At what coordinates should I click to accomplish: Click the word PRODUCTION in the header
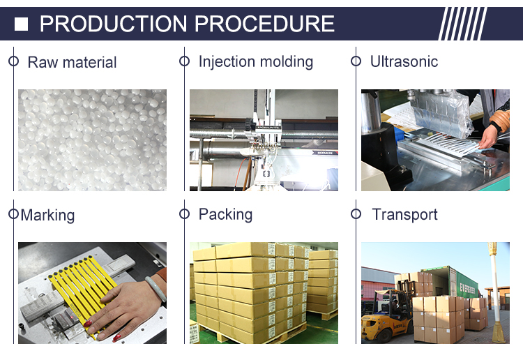click(x=113, y=24)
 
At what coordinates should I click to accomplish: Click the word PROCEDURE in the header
click(x=264, y=24)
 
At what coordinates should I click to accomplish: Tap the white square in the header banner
click(x=22, y=24)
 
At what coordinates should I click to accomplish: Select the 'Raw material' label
click(x=72, y=62)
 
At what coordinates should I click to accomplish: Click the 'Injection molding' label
click(x=256, y=62)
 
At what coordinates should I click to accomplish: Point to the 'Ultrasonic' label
click(x=404, y=61)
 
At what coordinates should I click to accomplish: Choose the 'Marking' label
click(x=47, y=215)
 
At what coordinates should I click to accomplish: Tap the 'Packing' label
click(x=225, y=214)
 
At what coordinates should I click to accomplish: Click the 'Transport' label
click(x=404, y=214)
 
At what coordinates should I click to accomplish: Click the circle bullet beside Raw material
click(x=13, y=61)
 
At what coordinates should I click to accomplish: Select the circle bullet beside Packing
click(x=185, y=214)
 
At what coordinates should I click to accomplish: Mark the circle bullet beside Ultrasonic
click(x=356, y=61)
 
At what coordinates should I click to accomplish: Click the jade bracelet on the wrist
click(x=156, y=289)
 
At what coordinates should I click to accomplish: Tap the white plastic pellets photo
click(x=92, y=140)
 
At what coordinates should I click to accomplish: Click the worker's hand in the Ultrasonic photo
click(x=487, y=137)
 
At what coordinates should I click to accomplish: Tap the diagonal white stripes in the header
click(x=462, y=24)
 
